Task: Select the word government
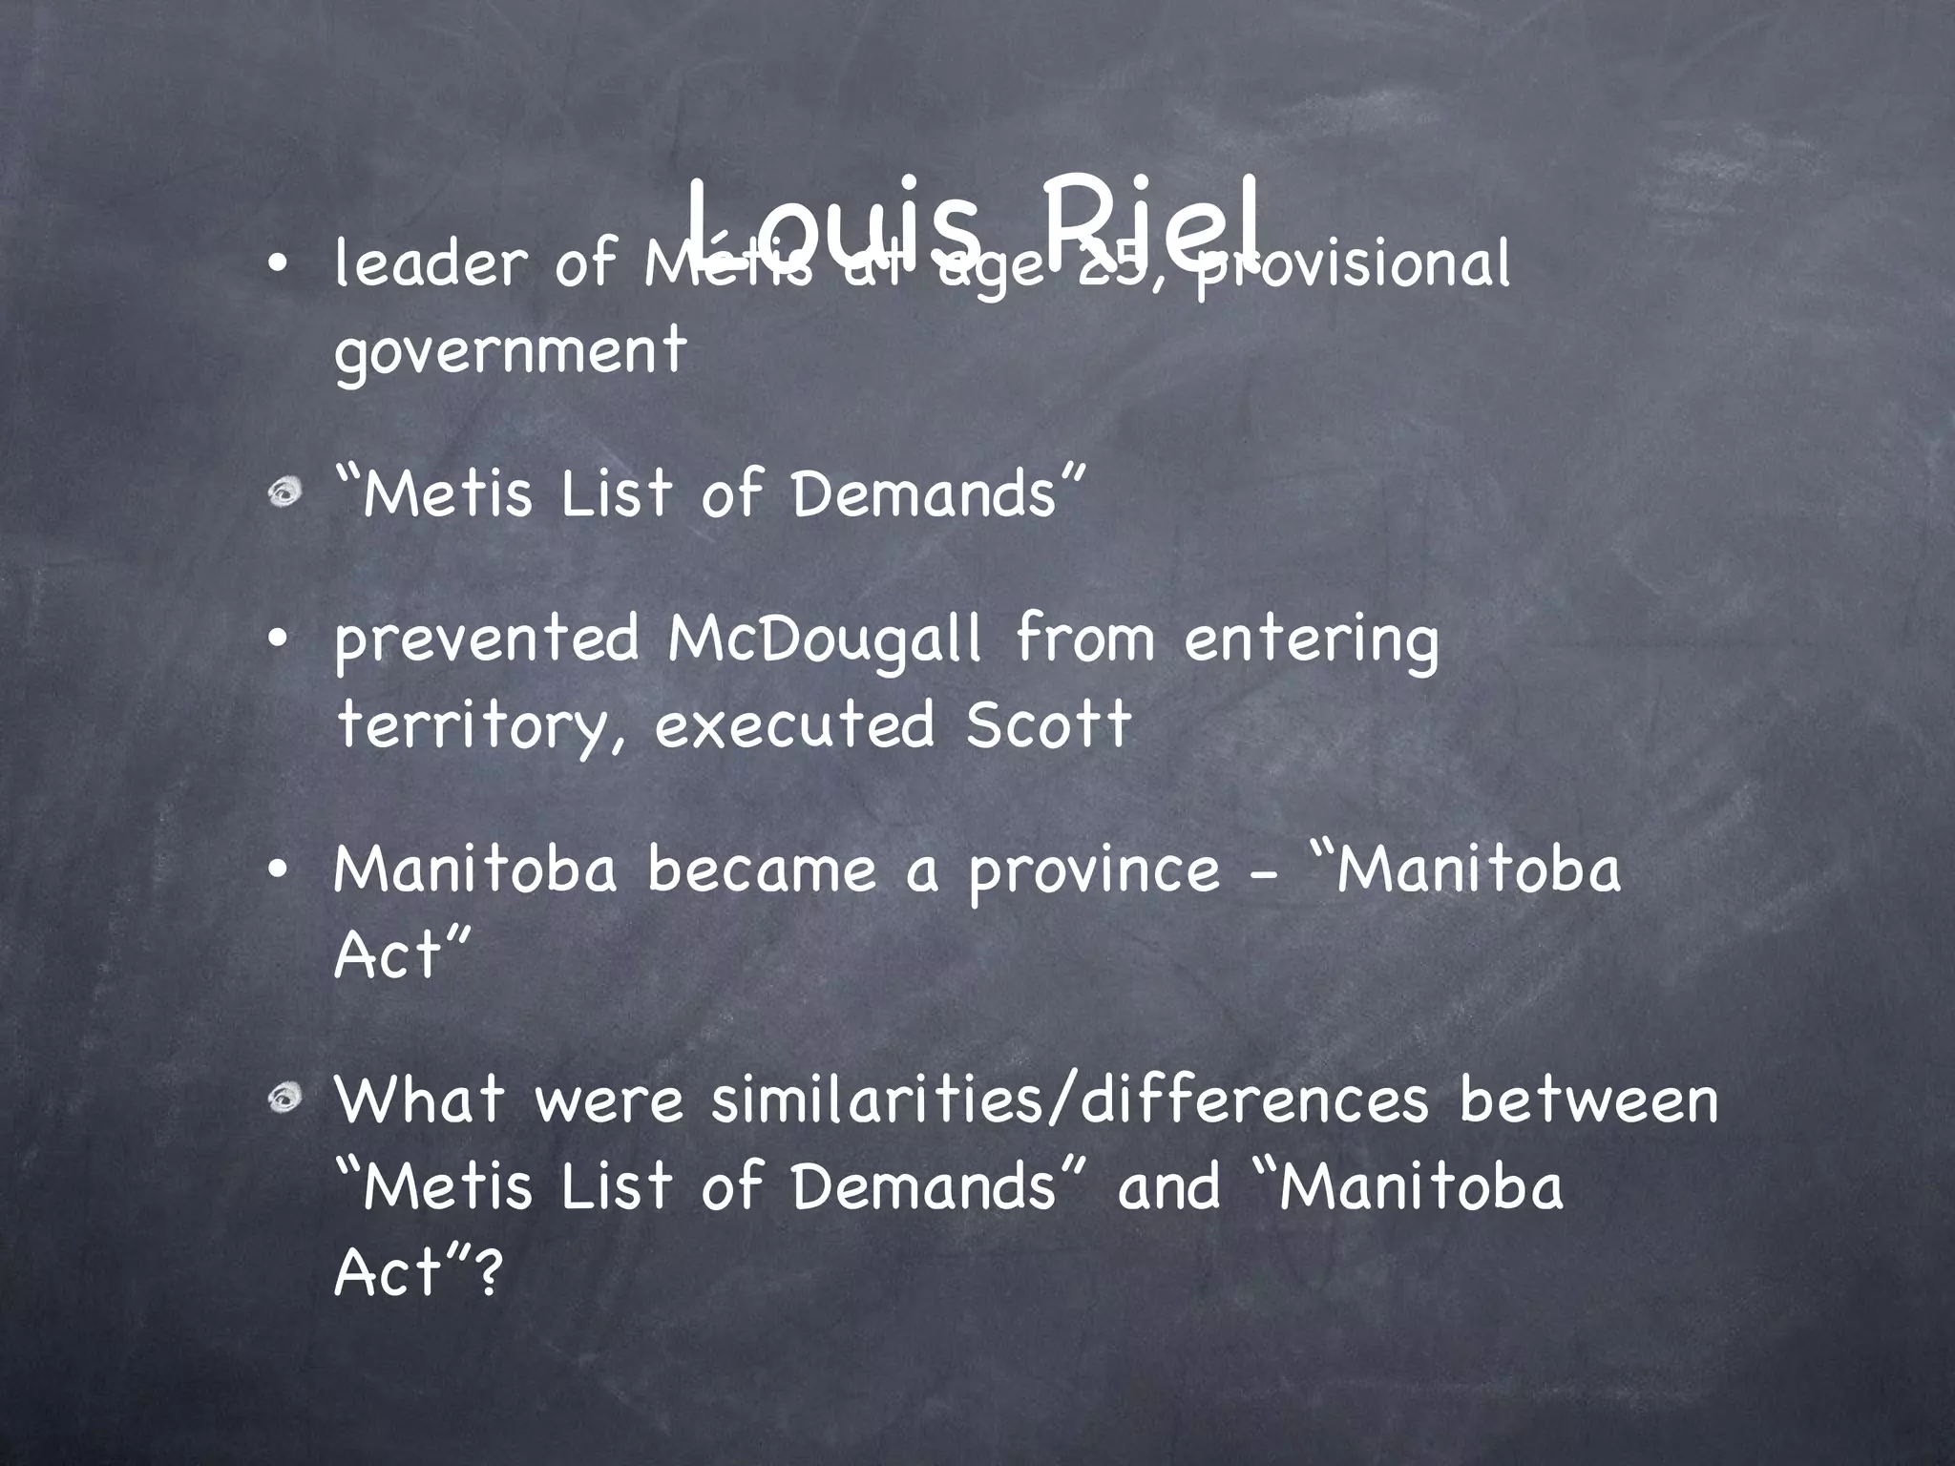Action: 510,351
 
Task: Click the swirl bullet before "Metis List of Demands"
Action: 284,492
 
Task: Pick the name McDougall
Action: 824,639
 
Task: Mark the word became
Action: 761,870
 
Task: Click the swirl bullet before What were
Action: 284,1099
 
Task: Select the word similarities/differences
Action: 1069,1099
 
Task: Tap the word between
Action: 1587,1099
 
